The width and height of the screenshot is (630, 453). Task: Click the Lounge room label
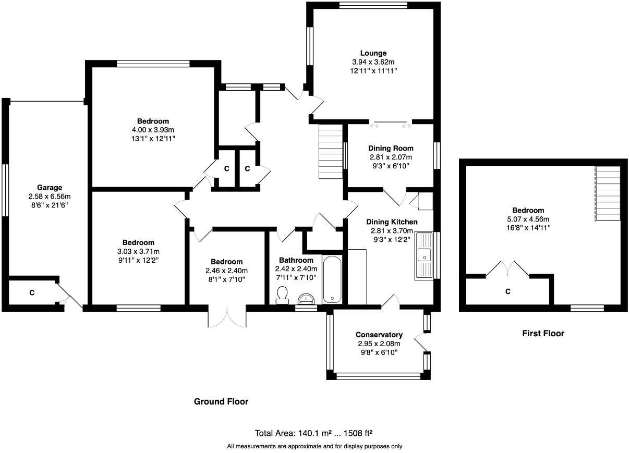[373, 53]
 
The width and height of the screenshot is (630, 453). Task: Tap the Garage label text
[50, 187]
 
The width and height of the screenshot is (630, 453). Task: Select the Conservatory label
[379, 335]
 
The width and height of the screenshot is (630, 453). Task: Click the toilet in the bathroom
[282, 295]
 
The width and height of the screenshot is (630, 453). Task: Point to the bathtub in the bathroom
[332, 280]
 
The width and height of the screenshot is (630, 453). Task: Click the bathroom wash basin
[306, 299]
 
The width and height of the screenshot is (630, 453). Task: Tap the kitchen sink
[423, 256]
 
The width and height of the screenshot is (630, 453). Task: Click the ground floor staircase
[331, 152]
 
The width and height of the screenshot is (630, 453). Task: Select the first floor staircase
[608, 193]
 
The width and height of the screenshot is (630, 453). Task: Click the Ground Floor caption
[221, 401]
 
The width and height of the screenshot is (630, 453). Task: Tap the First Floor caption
[543, 333]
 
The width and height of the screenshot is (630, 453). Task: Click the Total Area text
[313, 433]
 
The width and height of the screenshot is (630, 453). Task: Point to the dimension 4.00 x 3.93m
[153, 130]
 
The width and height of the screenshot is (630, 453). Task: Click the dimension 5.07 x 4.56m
[528, 219]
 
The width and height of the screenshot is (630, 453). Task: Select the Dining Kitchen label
[392, 222]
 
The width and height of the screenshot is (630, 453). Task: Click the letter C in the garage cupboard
[32, 293]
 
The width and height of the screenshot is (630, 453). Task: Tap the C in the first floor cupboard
[507, 291]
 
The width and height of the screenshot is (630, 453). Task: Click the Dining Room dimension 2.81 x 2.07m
[391, 157]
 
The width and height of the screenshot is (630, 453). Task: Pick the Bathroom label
[296, 260]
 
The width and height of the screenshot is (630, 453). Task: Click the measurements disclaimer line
[314, 446]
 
